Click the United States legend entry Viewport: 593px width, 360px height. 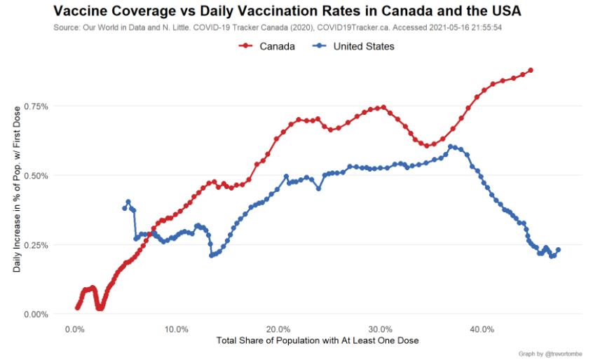pyautogui.click(x=363, y=46)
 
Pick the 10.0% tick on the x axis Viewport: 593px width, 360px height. pyautogui.click(x=177, y=329)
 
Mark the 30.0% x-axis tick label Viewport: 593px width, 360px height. pyautogui.click(x=381, y=329)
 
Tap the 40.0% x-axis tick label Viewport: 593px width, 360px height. pyautogui.click(x=482, y=329)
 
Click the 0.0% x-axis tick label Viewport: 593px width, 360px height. pyautogui.click(x=75, y=329)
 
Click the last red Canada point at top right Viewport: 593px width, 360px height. pyautogui.click(x=531, y=70)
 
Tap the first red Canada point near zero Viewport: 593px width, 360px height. pyautogui.click(x=77, y=307)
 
